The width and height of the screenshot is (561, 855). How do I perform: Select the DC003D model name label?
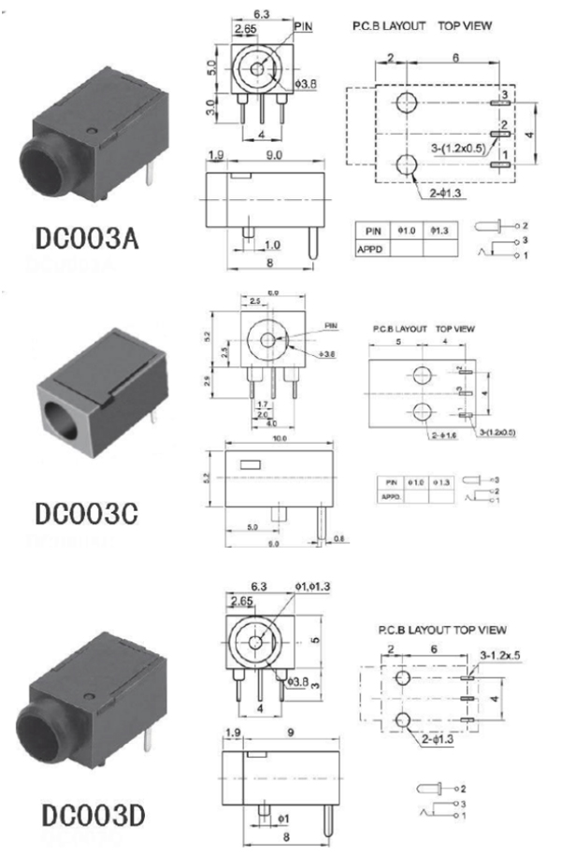pos(91,814)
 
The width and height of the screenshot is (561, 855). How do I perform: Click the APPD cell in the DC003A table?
pos(371,249)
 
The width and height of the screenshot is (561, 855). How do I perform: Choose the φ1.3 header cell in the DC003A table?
pos(439,229)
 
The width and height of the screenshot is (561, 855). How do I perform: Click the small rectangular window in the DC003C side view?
pos(252,463)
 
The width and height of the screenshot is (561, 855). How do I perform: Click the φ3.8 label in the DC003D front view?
pos(301,680)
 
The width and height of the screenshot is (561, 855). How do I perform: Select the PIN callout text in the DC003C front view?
pos(331,325)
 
